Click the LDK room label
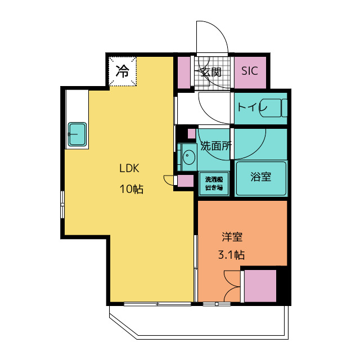tap(129, 168)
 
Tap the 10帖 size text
tap(132, 189)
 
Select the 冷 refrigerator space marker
tap(123, 71)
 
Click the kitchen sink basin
tap(77, 134)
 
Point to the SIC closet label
tap(250, 71)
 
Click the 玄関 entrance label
tap(211, 72)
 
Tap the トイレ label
tap(252, 107)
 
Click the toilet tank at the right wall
tap(285, 108)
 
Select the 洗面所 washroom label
tap(216, 146)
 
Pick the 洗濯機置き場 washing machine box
tap(214, 184)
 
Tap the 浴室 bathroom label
tap(261, 177)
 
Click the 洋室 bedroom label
tap(232, 237)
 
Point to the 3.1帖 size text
tap(231, 255)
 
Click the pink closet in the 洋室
tap(260, 286)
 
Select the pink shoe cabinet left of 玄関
tap(184, 73)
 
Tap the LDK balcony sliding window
tap(157, 304)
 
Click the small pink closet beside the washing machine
tap(186, 181)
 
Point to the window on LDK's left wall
tap(62, 204)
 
